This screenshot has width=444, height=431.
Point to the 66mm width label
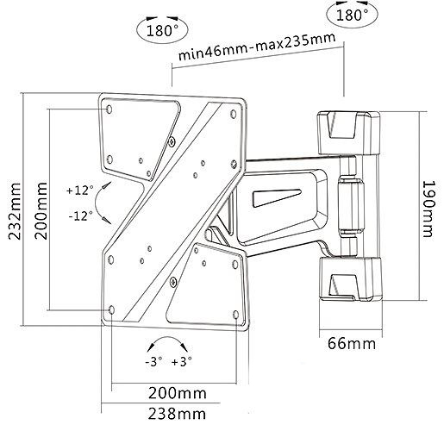[x=349, y=344]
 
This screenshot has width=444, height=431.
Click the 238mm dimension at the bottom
[x=171, y=413]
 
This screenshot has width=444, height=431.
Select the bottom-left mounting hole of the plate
[x=112, y=309]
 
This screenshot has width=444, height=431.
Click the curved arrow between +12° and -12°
[x=101, y=203]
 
